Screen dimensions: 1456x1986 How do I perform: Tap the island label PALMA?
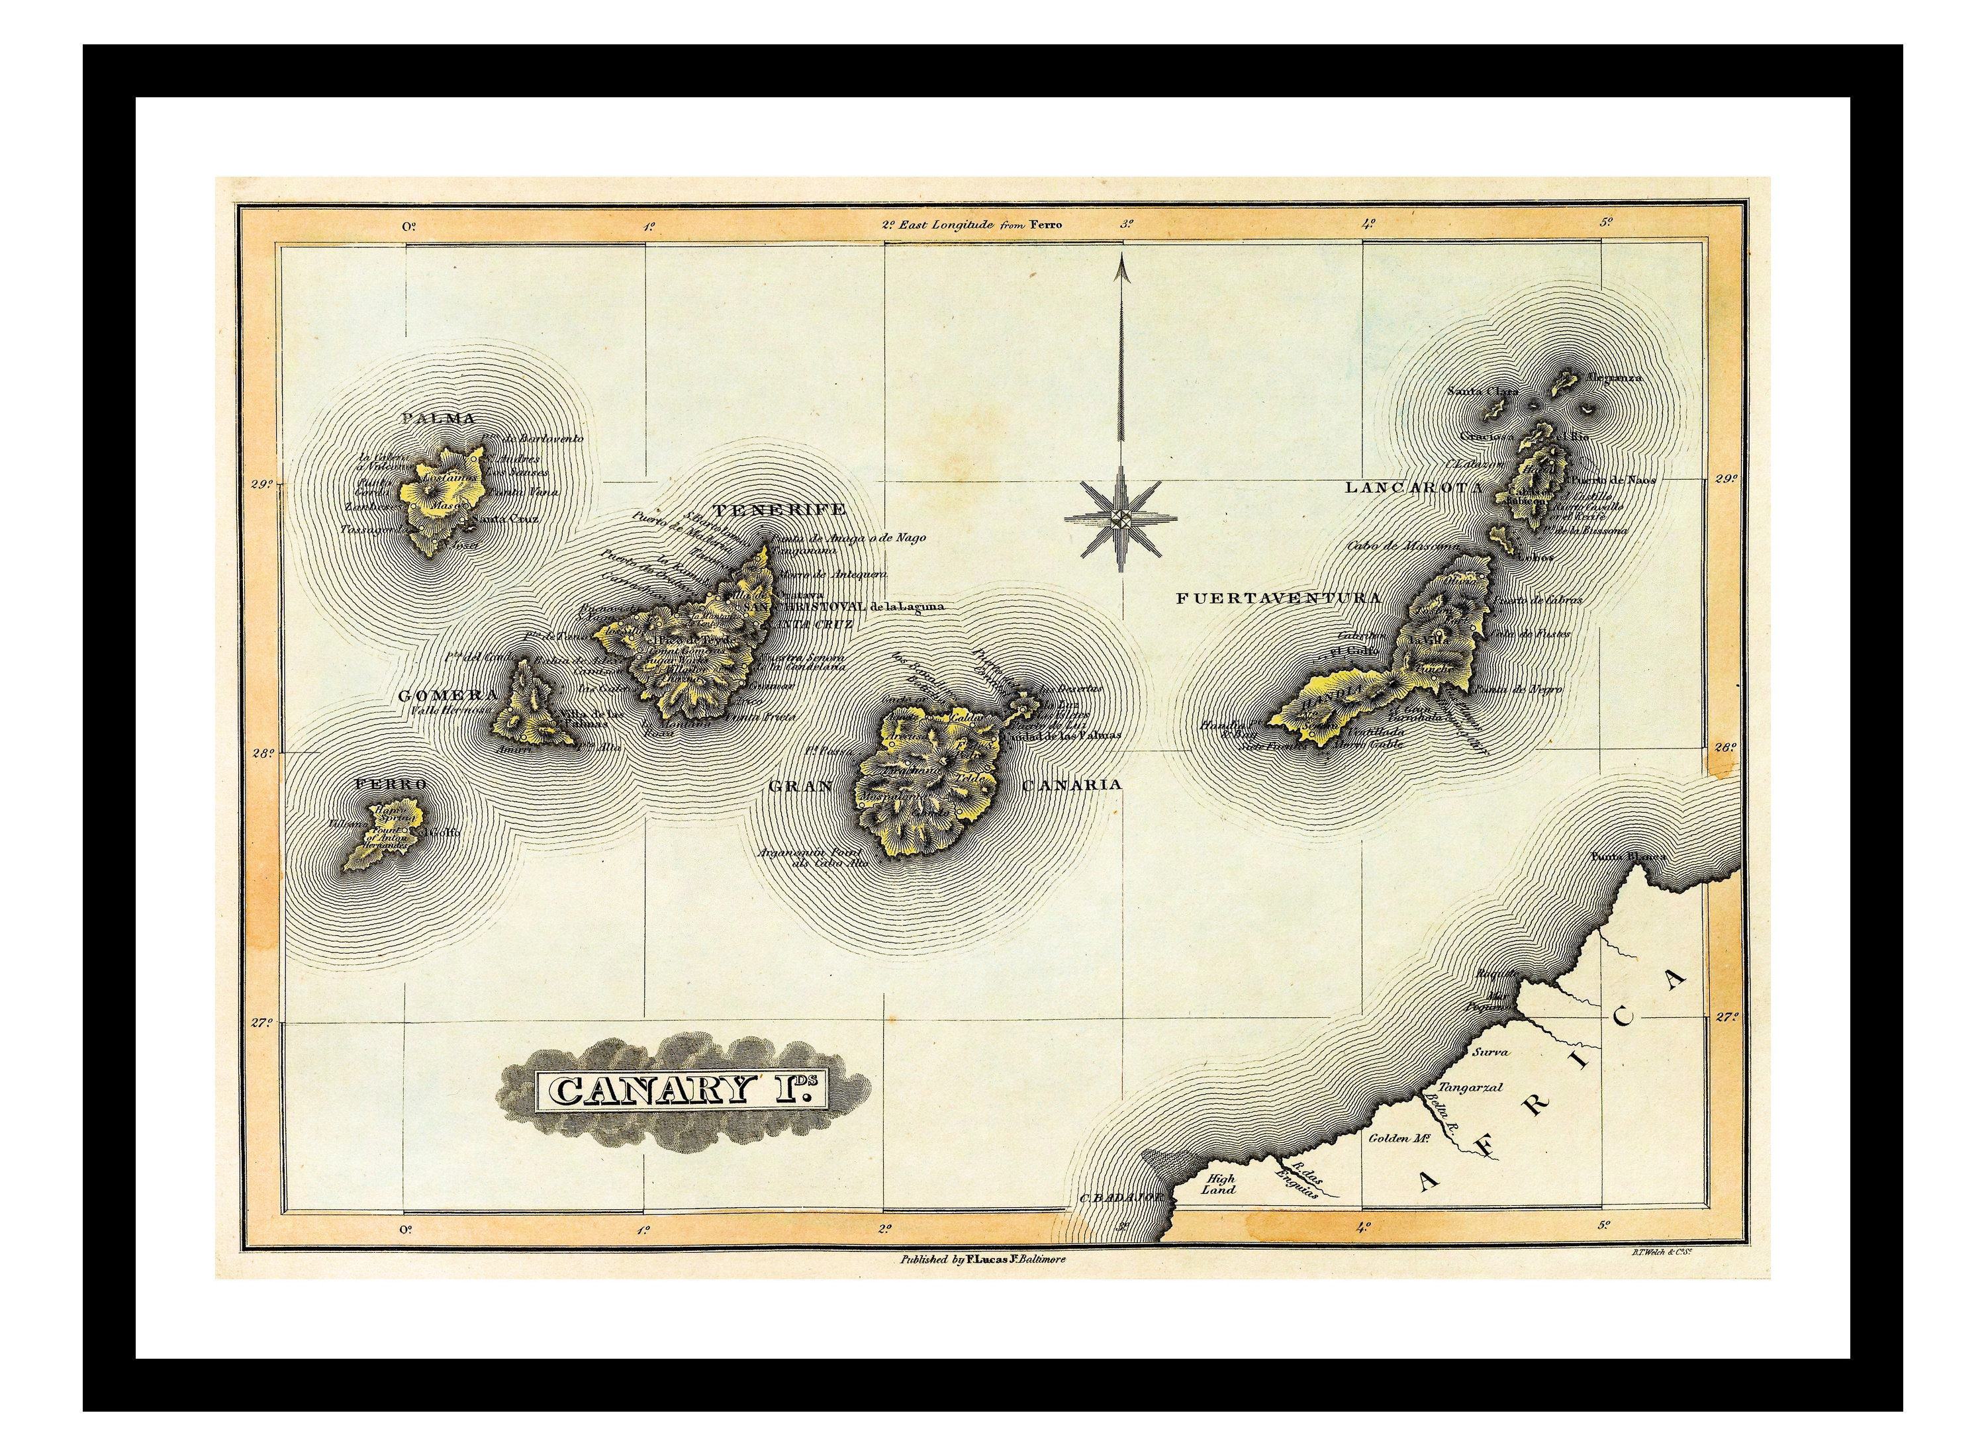click(x=438, y=419)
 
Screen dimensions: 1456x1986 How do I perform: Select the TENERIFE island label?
click(x=779, y=510)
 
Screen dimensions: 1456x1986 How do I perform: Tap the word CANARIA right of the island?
click(x=1071, y=784)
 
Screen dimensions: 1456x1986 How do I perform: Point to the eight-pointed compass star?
click(x=1120, y=519)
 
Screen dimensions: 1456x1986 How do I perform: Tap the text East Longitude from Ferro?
click(x=980, y=225)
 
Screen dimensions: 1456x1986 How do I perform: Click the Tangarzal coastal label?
click(x=1470, y=1087)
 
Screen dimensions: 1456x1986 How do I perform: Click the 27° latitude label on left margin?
click(x=261, y=1023)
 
